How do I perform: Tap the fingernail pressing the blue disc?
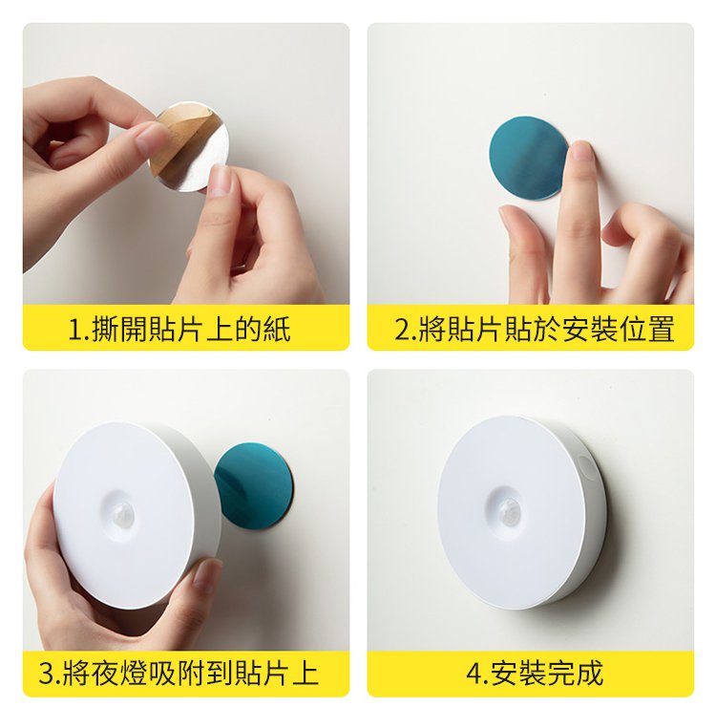(579, 152)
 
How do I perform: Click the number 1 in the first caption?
(74, 329)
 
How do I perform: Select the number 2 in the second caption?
(402, 329)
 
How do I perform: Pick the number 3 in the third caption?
(46, 673)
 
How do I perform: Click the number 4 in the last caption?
(474, 673)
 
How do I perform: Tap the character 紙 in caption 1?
(277, 329)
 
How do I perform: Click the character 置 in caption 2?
(661, 329)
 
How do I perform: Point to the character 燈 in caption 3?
(134, 673)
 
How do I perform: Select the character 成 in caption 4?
(589, 673)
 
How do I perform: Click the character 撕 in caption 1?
(105, 329)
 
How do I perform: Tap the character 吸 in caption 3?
(162, 673)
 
